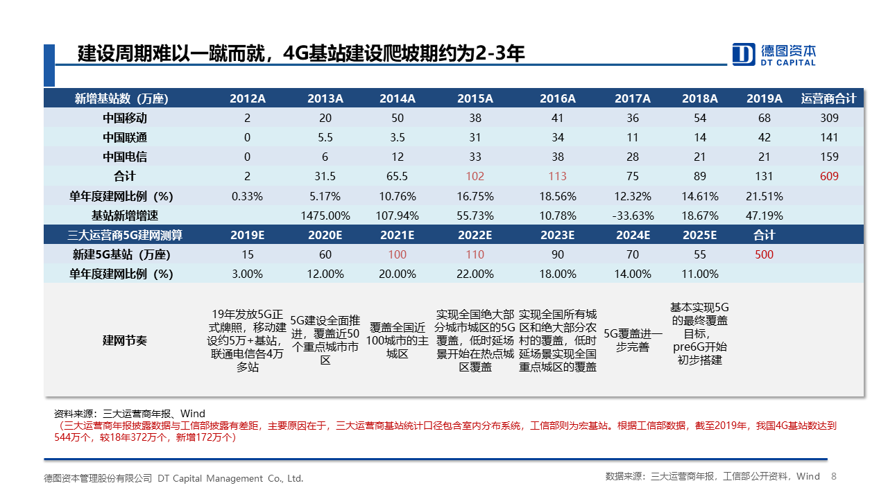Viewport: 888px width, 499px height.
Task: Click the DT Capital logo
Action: click(x=774, y=54)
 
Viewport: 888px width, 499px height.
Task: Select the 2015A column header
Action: click(x=475, y=98)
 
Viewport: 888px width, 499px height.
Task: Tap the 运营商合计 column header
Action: click(x=829, y=98)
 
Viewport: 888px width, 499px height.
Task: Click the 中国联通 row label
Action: click(x=125, y=137)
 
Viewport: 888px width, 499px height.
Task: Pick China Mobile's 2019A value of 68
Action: click(x=764, y=118)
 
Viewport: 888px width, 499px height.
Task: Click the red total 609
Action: click(x=829, y=176)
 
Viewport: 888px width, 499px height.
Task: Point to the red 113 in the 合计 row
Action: click(x=557, y=176)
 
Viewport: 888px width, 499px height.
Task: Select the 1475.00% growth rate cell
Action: click(x=325, y=216)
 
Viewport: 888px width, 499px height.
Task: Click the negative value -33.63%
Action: click(x=633, y=216)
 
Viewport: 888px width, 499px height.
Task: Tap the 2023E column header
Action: click(x=557, y=235)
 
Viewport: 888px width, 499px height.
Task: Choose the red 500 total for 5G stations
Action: click(x=764, y=254)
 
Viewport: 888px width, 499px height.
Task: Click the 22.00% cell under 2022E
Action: click(x=475, y=274)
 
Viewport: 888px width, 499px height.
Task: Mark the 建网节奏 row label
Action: click(x=125, y=340)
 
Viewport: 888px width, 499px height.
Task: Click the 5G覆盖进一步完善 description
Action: click(x=633, y=340)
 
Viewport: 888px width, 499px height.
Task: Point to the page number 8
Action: click(x=834, y=477)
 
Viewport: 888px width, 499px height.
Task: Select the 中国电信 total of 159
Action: click(x=829, y=157)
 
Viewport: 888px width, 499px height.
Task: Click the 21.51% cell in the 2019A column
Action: click(x=764, y=196)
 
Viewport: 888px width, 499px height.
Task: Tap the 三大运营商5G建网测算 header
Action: click(x=125, y=235)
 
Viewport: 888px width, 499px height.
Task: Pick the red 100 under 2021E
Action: click(x=398, y=254)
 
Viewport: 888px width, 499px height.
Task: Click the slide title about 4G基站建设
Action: click(x=301, y=53)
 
